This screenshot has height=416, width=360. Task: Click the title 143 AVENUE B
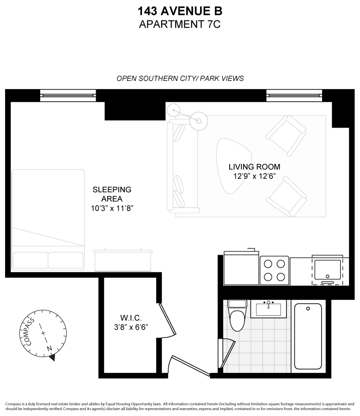[x=180, y=11]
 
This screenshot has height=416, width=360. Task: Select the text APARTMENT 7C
[x=180, y=24]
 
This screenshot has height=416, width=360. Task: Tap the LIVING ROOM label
[x=254, y=167]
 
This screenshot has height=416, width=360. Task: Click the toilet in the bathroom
[x=238, y=315]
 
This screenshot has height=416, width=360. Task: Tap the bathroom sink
[x=268, y=308]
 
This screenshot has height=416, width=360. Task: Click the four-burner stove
[x=275, y=270]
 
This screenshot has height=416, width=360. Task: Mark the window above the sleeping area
[x=68, y=96]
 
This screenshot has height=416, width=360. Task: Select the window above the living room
[x=294, y=96]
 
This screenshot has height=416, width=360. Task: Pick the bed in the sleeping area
[x=48, y=220]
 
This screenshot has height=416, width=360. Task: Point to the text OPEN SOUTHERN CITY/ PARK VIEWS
[x=180, y=79]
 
